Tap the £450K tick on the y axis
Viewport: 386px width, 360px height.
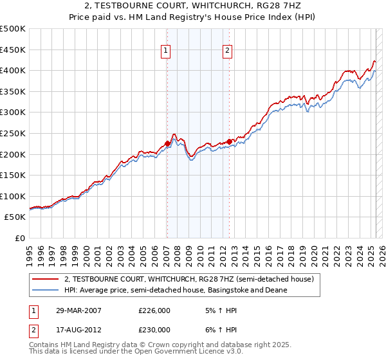coord(13,50)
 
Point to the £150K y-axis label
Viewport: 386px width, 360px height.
coord(13,175)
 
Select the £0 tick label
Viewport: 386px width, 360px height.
coord(20,238)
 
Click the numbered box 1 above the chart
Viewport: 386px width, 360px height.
coord(166,52)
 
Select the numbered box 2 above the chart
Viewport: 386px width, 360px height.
coord(228,52)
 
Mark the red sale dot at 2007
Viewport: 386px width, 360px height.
coord(167,143)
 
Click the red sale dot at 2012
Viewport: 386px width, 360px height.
coord(229,141)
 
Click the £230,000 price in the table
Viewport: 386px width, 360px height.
coord(154,329)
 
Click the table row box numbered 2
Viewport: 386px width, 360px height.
coord(32,329)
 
